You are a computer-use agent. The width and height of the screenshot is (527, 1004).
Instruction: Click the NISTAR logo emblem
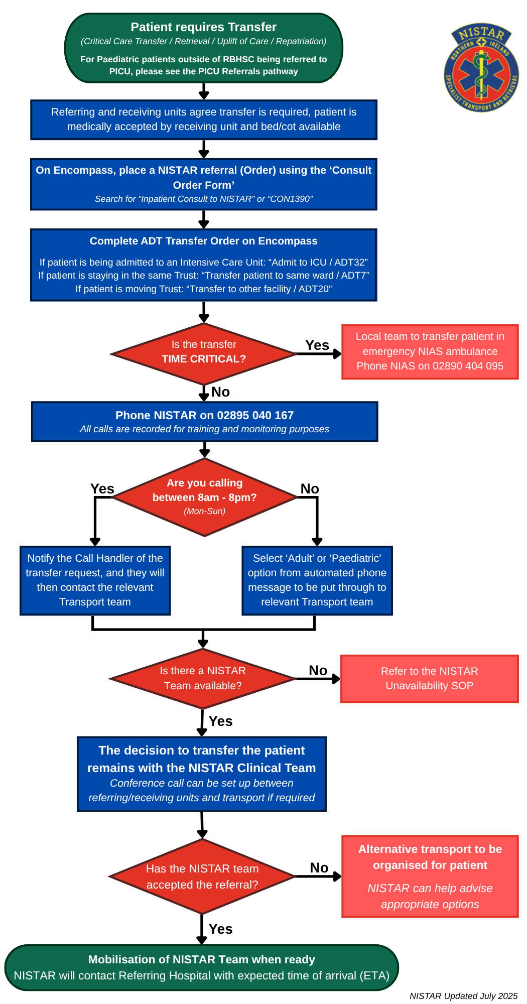(481, 68)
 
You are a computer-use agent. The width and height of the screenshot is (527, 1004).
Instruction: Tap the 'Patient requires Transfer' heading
(203, 27)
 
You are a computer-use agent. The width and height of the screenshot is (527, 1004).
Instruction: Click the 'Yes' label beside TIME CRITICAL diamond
(317, 345)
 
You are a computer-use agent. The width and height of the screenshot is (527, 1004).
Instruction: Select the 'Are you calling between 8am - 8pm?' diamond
(204, 496)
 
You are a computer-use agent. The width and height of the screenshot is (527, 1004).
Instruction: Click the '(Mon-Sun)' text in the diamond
(204, 511)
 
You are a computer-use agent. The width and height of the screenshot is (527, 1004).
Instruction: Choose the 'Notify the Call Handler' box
(95, 580)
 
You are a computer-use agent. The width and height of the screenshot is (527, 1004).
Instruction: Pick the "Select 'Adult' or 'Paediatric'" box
(317, 580)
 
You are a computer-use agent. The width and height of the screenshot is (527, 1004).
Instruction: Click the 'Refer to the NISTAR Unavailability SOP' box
(429, 678)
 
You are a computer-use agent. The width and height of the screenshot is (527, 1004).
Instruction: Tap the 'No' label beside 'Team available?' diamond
(318, 671)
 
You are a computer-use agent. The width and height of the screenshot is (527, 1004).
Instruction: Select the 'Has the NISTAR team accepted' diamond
(202, 876)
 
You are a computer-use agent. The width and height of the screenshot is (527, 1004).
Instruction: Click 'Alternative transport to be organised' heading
(430, 857)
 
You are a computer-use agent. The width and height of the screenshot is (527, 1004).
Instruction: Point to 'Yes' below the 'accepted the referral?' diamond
(220, 929)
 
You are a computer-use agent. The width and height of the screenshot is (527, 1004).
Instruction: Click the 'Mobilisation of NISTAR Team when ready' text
(201, 959)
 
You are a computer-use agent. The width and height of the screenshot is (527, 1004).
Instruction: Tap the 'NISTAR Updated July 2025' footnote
(463, 996)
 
